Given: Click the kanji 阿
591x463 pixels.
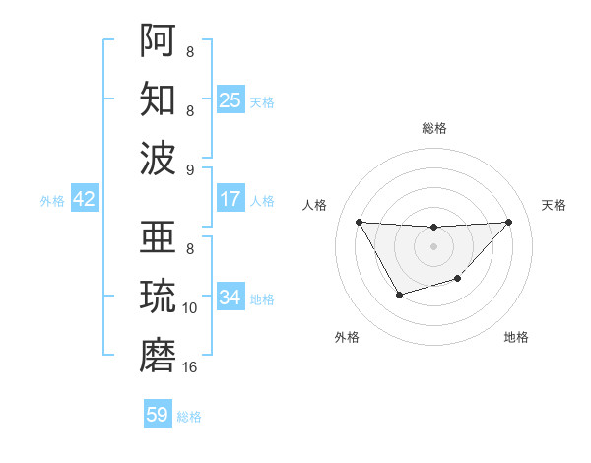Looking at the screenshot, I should [x=159, y=40].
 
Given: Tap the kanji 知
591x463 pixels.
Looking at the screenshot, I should [x=159, y=99].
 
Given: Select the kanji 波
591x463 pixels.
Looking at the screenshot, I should [x=159, y=159].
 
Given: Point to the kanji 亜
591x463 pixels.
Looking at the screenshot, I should [x=159, y=237].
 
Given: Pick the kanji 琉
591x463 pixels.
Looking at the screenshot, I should [x=159, y=297].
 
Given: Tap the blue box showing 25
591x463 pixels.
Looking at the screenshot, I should [x=230, y=99].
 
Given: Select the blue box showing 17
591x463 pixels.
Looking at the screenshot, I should [x=230, y=199].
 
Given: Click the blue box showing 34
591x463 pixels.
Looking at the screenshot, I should [x=230, y=298].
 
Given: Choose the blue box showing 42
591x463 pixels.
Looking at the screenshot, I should [x=85, y=199].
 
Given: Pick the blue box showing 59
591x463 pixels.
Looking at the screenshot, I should [x=158, y=415].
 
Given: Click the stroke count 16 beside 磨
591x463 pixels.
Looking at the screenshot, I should [x=190, y=367].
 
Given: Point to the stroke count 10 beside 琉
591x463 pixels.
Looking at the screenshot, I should [x=190, y=308].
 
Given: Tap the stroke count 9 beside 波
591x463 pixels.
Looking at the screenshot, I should [x=190, y=170].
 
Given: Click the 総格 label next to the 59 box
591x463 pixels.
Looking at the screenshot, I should [x=189, y=417].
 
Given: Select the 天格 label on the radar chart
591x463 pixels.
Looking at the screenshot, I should [x=554, y=205].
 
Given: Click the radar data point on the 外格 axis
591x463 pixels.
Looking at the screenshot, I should [x=399, y=295].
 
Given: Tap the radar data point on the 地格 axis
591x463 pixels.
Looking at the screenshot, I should [x=457, y=280].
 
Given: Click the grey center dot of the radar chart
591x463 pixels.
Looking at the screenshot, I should [x=433, y=246].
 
